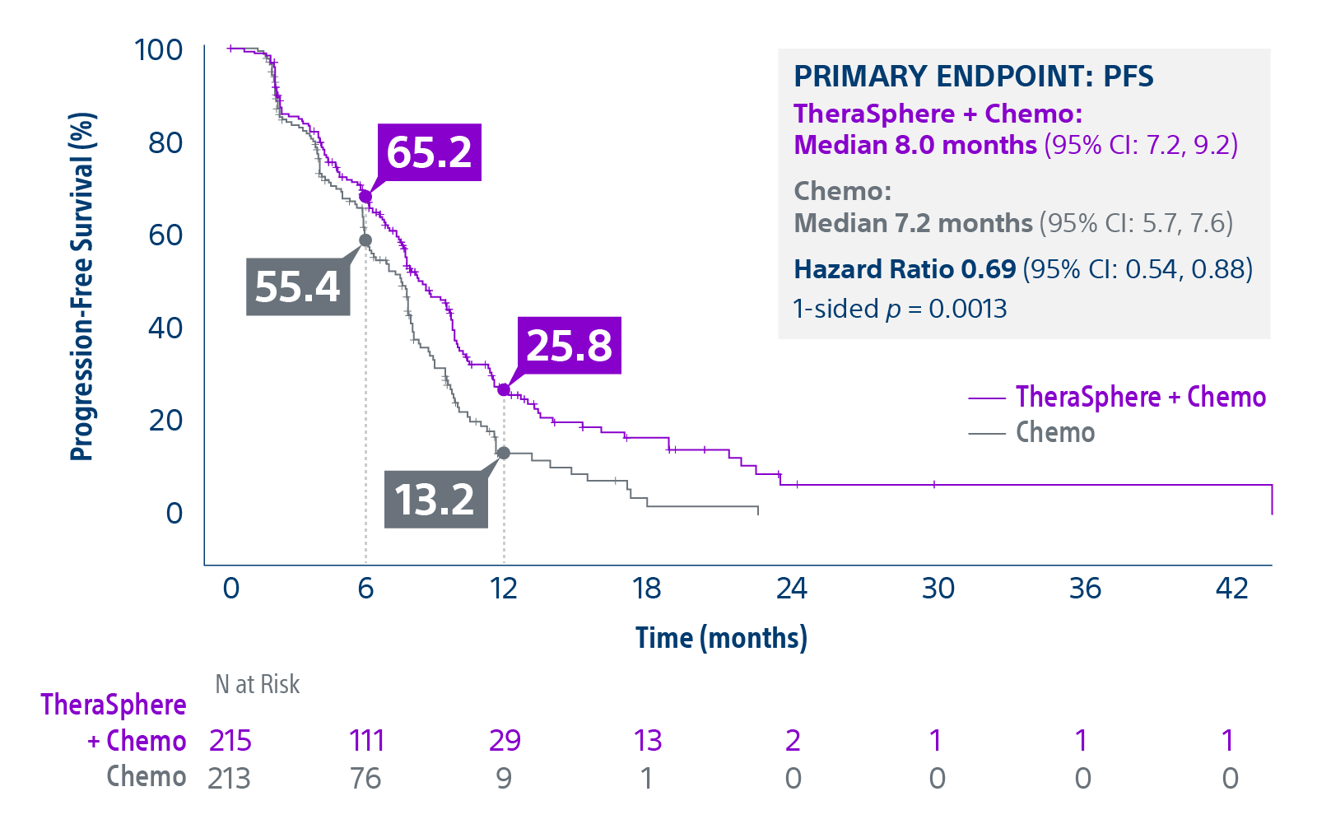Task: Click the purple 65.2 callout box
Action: pyautogui.click(x=429, y=152)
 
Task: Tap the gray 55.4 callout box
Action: pyautogui.click(x=298, y=286)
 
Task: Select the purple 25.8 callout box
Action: pyautogui.click(x=569, y=346)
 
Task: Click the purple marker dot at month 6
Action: pyautogui.click(x=365, y=197)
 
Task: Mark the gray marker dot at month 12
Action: pyautogui.click(x=504, y=454)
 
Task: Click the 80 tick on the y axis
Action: pyautogui.click(x=165, y=142)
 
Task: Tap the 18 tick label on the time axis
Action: pyautogui.click(x=647, y=589)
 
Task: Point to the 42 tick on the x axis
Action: pyautogui.click(x=1231, y=589)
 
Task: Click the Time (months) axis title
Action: pyautogui.click(x=721, y=638)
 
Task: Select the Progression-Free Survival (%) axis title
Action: pyautogui.click(x=82, y=286)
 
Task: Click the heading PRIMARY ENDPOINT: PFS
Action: pyautogui.click(x=973, y=77)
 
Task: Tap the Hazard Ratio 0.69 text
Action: pyautogui.click(x=905, y=269)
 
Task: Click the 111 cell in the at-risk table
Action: pyautogui.click(x=366, y=741)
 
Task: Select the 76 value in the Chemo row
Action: pyautogui.click(x=365, y=778)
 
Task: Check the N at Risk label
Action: pyautogui.click(x=257, y=684)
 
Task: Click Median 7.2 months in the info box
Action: pyautogui.click(x=913, y=223)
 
